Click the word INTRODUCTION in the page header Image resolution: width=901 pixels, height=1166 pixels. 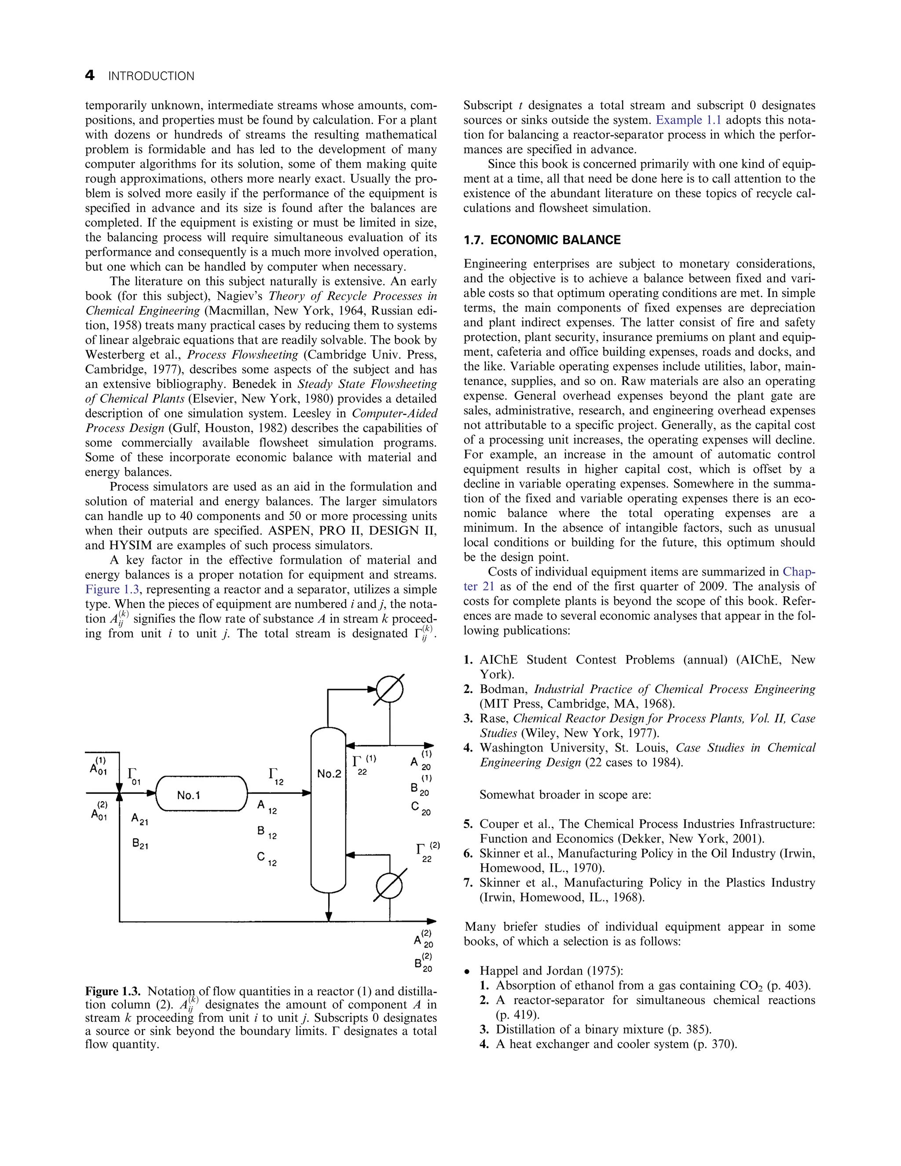(151, 77)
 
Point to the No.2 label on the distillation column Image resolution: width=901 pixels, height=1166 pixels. (328, 774)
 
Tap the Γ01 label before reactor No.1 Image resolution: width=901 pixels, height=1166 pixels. (133, 777)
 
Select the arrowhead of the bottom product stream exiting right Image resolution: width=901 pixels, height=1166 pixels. (430, 921)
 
